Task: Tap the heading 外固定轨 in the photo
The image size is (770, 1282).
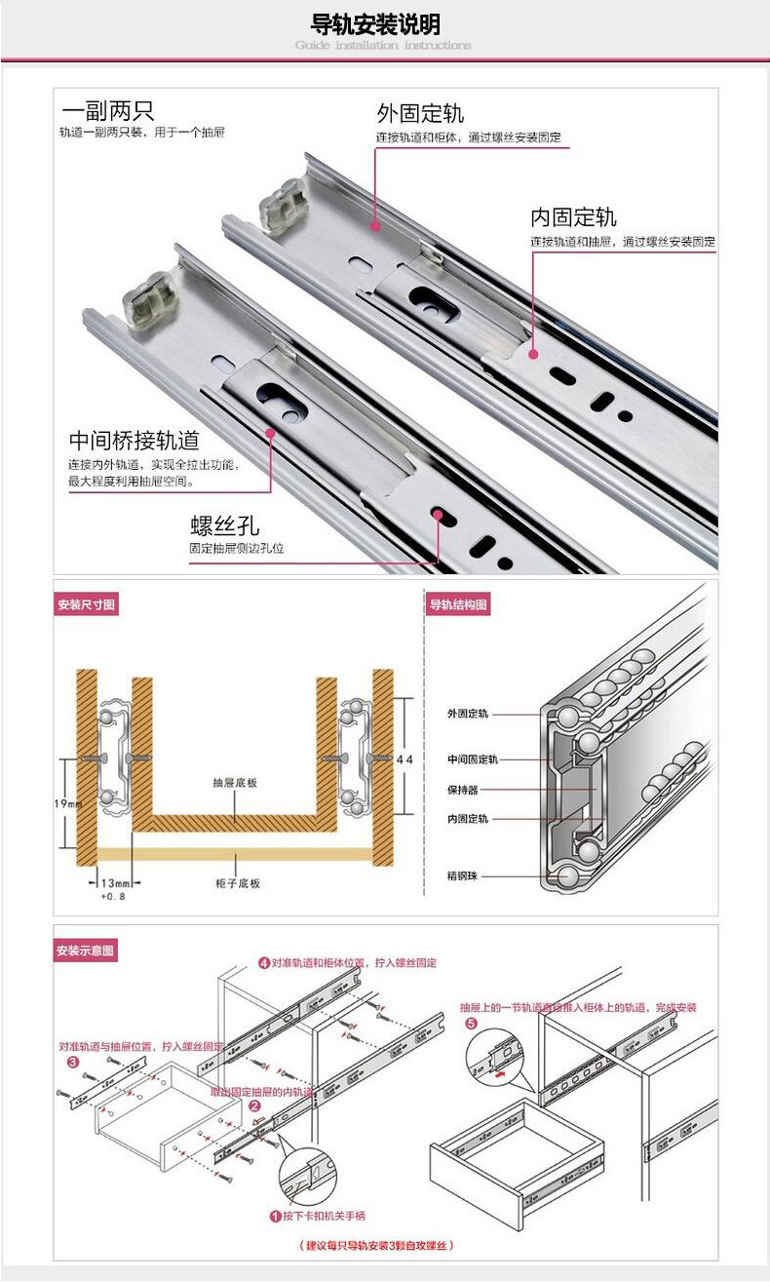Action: pyautogui.click(x=420, y=112)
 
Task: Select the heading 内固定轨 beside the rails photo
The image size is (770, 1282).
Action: pyautogui.click(x=573, y=216)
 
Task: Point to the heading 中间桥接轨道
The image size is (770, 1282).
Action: pyautogui.click(x=134, y=440)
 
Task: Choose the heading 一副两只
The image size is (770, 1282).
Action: pyautogui.click(x=107, y=110)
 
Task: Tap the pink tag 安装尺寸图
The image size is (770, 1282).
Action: pyautogui.click(x=87, y=605)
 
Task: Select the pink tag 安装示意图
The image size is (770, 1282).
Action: pyautogui.click(x=86, y=950)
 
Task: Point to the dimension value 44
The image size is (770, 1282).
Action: pyautogui.click(x=405, y=758)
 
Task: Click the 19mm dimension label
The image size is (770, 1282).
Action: pyautogui.click(x=68, y=802)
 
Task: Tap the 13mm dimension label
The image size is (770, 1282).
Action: pyautogui.click(x=115, y=882)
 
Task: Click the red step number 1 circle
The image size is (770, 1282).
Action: pyautogui.click(x=276, y=1217)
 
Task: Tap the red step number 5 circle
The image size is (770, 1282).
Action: pyautogui.click(x=472, y=1024)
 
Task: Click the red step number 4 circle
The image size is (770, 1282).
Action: pyautogui.click(x=263, y=962)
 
